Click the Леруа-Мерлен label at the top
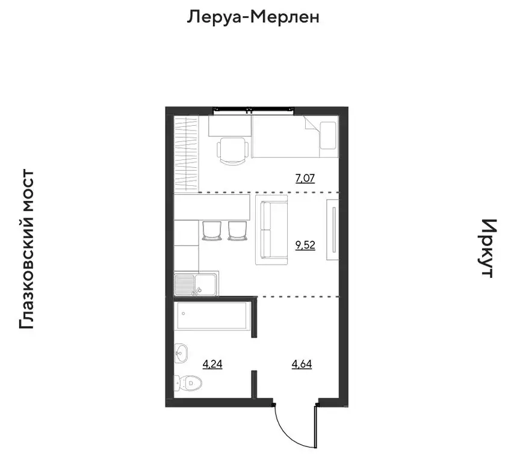point(252,17)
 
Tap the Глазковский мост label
point(26,250)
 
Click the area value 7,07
point(305,178)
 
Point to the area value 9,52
point(305,245)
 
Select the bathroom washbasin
point(181,353)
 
